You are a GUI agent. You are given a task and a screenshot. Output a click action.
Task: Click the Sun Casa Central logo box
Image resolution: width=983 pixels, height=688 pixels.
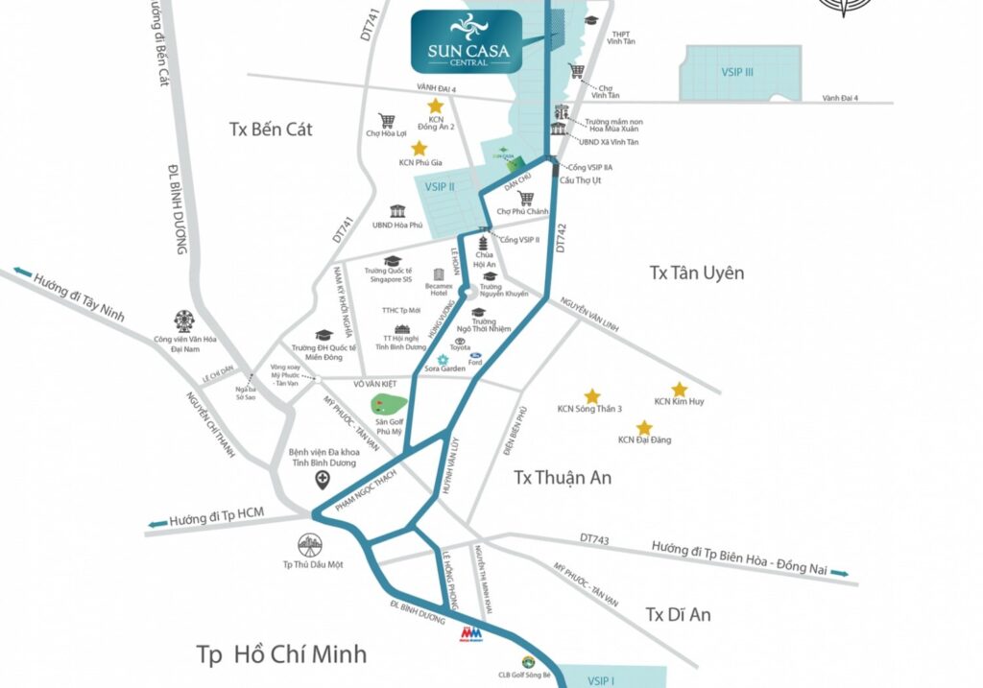pyautogui.click(x=467, y=40)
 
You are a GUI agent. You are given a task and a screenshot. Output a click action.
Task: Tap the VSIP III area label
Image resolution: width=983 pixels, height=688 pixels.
pyautogui.click(x=739, y=73)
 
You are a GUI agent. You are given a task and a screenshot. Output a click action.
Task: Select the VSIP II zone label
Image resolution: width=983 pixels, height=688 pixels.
pyautogui.click(x=439, y=186)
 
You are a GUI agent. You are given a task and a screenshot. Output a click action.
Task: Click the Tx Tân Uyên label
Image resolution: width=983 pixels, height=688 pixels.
pyautogui.click(x=696, y=273)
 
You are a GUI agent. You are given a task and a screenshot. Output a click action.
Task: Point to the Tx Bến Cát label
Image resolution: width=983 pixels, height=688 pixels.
pyautogui.click(x=272, y=130)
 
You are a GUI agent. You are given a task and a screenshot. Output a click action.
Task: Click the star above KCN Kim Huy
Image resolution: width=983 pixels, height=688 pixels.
pyautogui.click(x=679, y=389)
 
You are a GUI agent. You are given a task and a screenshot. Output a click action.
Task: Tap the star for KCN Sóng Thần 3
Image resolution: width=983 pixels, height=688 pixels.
pyautogui.click(x=591, y=395)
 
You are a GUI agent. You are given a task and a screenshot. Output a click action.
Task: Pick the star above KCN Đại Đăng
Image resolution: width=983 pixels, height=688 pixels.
pyautogui.click(x=644, y=427)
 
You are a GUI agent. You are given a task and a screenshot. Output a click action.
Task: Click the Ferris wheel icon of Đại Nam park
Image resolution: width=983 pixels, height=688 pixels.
pyautogui.click(x=182, y=320)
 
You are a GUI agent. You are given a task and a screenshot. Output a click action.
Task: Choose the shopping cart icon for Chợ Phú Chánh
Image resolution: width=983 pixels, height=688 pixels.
pyautogui.click(x=525, y=199)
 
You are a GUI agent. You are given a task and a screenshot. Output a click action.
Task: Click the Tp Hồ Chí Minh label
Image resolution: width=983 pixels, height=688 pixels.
pyautogui.click(x=281, y=654)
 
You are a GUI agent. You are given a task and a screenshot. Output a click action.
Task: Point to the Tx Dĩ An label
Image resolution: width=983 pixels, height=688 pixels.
pyautogui.click(x=678, y=614)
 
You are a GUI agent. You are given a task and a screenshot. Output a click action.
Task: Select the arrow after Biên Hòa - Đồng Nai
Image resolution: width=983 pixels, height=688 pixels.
pyautogui.click(x=840, y=573)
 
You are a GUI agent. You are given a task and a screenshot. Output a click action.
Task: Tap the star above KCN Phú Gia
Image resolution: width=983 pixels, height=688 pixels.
pyautogui.click(x=419, y=148)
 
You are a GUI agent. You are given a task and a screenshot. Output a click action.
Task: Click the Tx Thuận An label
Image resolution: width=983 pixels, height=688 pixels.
pyautogui.click(x=563, y=477)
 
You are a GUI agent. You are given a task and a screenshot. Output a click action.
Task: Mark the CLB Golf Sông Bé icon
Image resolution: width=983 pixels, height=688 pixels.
pyautogui.click(x=527, y=662)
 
